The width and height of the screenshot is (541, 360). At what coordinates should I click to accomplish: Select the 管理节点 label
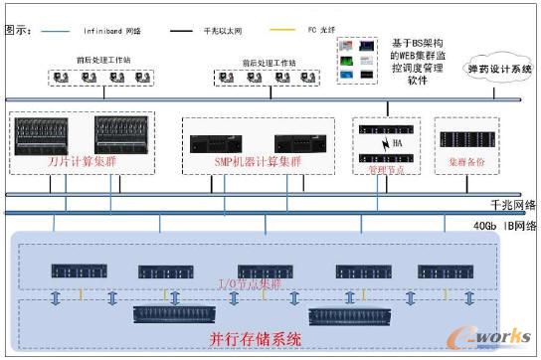(x=383, y=169)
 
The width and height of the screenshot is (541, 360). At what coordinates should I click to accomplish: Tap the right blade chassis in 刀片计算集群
(x=123, y=133)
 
